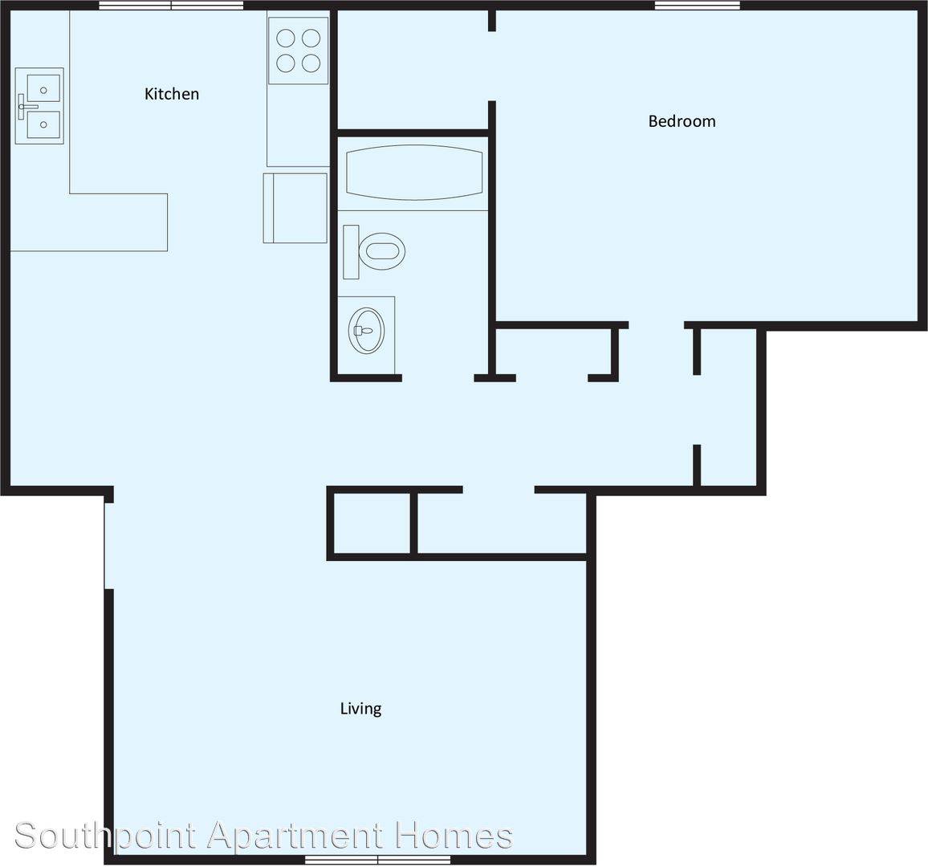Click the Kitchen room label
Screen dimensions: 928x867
(172, 93)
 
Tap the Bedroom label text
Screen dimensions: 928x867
(682, 121)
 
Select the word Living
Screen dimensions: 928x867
(360, 709)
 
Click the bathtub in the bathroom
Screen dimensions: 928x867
(414, 173)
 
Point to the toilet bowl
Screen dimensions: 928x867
(382, 250)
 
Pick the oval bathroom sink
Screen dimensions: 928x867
(367, 330)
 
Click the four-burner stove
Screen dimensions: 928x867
(299, 51)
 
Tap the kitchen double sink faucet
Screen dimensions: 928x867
(24, 107)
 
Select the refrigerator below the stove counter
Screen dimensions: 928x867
(295, 208)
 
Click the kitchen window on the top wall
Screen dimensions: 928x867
(171, 6)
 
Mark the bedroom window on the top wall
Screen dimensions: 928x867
(697, 6)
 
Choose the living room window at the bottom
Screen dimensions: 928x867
(377, 859)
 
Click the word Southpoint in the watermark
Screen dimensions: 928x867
(105, 836)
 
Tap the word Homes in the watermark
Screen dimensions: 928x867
(454, 835)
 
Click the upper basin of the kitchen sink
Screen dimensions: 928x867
(43, 89)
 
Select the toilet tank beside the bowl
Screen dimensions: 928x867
(351, 251)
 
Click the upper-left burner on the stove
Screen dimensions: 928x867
(286, 39)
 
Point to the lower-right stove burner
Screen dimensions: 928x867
(311, 63)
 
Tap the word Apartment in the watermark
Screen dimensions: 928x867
(296, 836)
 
